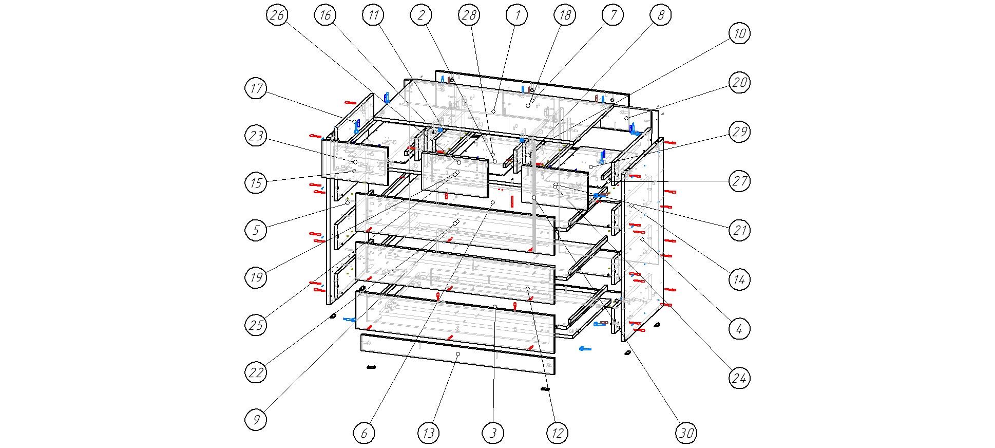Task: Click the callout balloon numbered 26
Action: tap(277, 15)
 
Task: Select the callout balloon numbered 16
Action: tap(325, 15)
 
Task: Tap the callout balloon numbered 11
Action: tap(373, 15)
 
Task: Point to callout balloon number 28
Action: tap(469, 15)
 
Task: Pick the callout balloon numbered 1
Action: tap(517, 15)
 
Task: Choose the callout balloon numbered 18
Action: tap(565, 15)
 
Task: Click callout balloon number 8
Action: tap(660, 15)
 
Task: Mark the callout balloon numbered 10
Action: tap(739, 33)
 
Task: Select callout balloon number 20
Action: tap(739, 82)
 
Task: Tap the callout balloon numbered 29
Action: tap(739, 132)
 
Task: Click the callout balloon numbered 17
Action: tap(256, 88)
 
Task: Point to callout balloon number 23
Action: tap(256, 136)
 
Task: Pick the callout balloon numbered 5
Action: tap(256, 230)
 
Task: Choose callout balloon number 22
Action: tap(256, 372)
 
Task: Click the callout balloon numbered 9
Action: tap(256, 419)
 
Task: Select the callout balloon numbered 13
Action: tap(428, 433)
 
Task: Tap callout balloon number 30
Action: tap(686, 433)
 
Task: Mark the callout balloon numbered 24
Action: tap(739, 378)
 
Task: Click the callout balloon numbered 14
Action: tap(739, 279)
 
